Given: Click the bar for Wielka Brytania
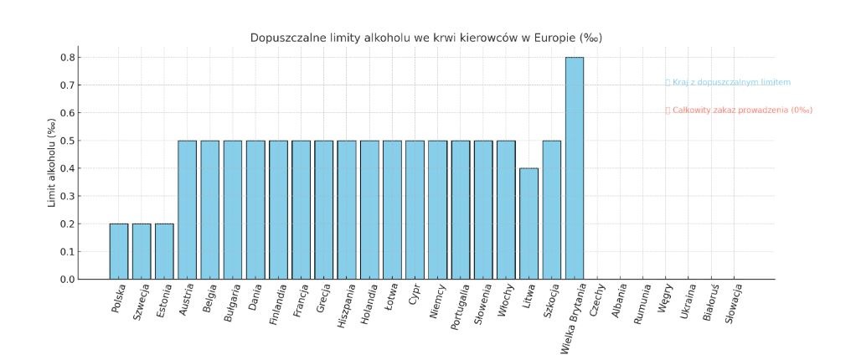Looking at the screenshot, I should point(575,167).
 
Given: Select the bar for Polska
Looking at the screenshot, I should point(119,251).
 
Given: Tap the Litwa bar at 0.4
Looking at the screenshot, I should point(529,224).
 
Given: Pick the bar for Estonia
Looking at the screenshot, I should point(164,251).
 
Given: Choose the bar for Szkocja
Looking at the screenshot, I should point(551,209).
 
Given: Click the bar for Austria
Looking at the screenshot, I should point(187,209).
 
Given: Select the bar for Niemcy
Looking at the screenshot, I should point(437,209).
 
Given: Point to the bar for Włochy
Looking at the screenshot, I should point(506,209).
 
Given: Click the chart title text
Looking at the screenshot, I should point(426,39).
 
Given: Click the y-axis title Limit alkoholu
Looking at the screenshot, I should point(52,162).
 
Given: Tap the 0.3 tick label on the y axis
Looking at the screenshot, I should point(66,196).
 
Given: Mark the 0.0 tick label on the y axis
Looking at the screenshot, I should point(66,279).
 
